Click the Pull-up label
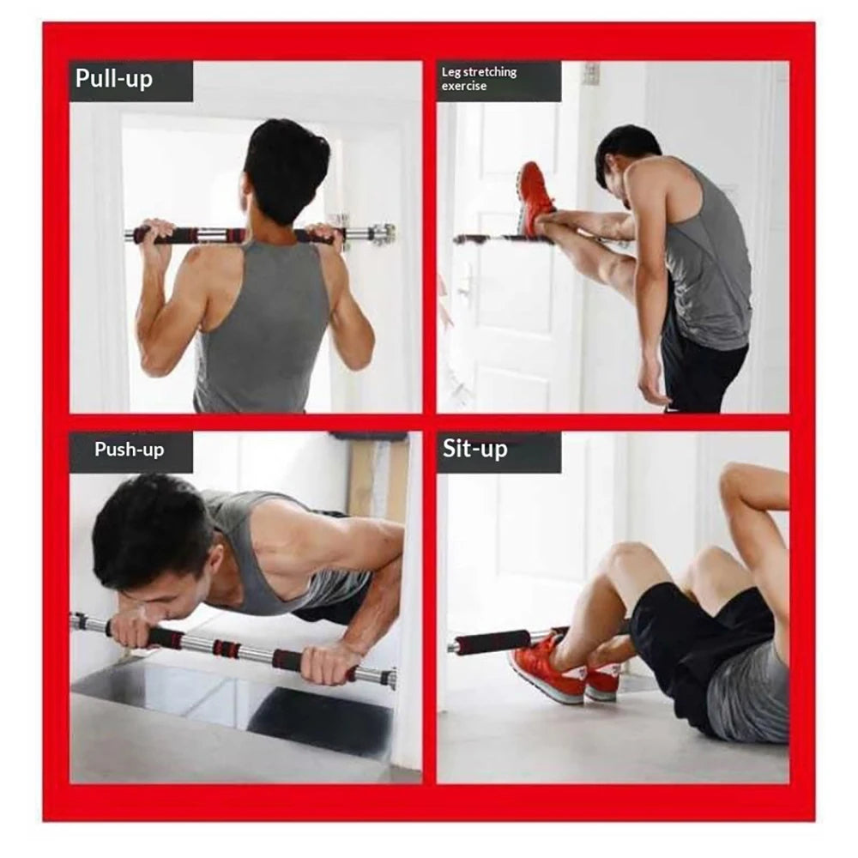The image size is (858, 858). pos(114,79)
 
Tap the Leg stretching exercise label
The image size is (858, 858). pos(480,79)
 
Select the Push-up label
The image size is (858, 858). pos(129,450)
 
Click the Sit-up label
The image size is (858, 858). pos(475,449)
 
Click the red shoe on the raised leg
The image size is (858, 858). pos(535,197)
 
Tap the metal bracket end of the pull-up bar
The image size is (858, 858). pos(381,233)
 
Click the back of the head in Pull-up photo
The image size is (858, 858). pos(286,167)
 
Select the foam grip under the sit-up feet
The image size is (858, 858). pos(492,642)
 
